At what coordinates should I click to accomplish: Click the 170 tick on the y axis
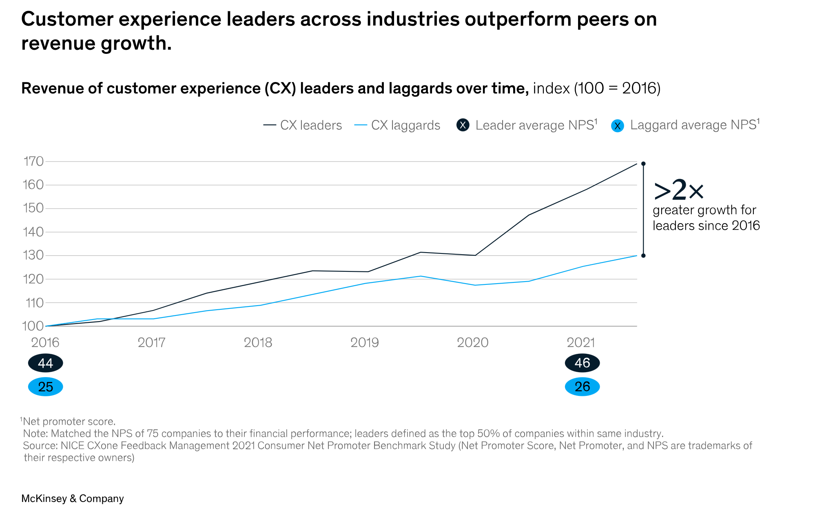click(33, 162)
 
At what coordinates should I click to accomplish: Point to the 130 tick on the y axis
click(33, 255)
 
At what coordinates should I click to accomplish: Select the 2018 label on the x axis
click(258, 342)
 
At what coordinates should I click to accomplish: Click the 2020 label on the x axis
click(472, 342)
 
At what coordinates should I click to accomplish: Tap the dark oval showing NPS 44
click(45, 363)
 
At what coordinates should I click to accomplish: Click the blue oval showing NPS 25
click(45, 387)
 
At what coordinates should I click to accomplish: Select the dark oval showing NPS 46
click(582, 363)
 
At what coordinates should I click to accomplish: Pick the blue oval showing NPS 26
click(582, 387)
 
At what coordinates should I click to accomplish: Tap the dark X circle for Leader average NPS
click(463, 125)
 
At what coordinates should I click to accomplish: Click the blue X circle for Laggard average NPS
click(618, 126)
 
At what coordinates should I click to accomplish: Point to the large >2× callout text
click(678, 190)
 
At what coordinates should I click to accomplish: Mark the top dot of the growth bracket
click(643, 164)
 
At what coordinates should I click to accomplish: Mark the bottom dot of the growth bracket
click(643, 256)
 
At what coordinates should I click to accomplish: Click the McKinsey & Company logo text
click(72, 499)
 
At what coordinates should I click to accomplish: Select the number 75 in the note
click(152, 433)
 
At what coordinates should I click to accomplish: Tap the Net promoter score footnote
click(69, 422)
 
